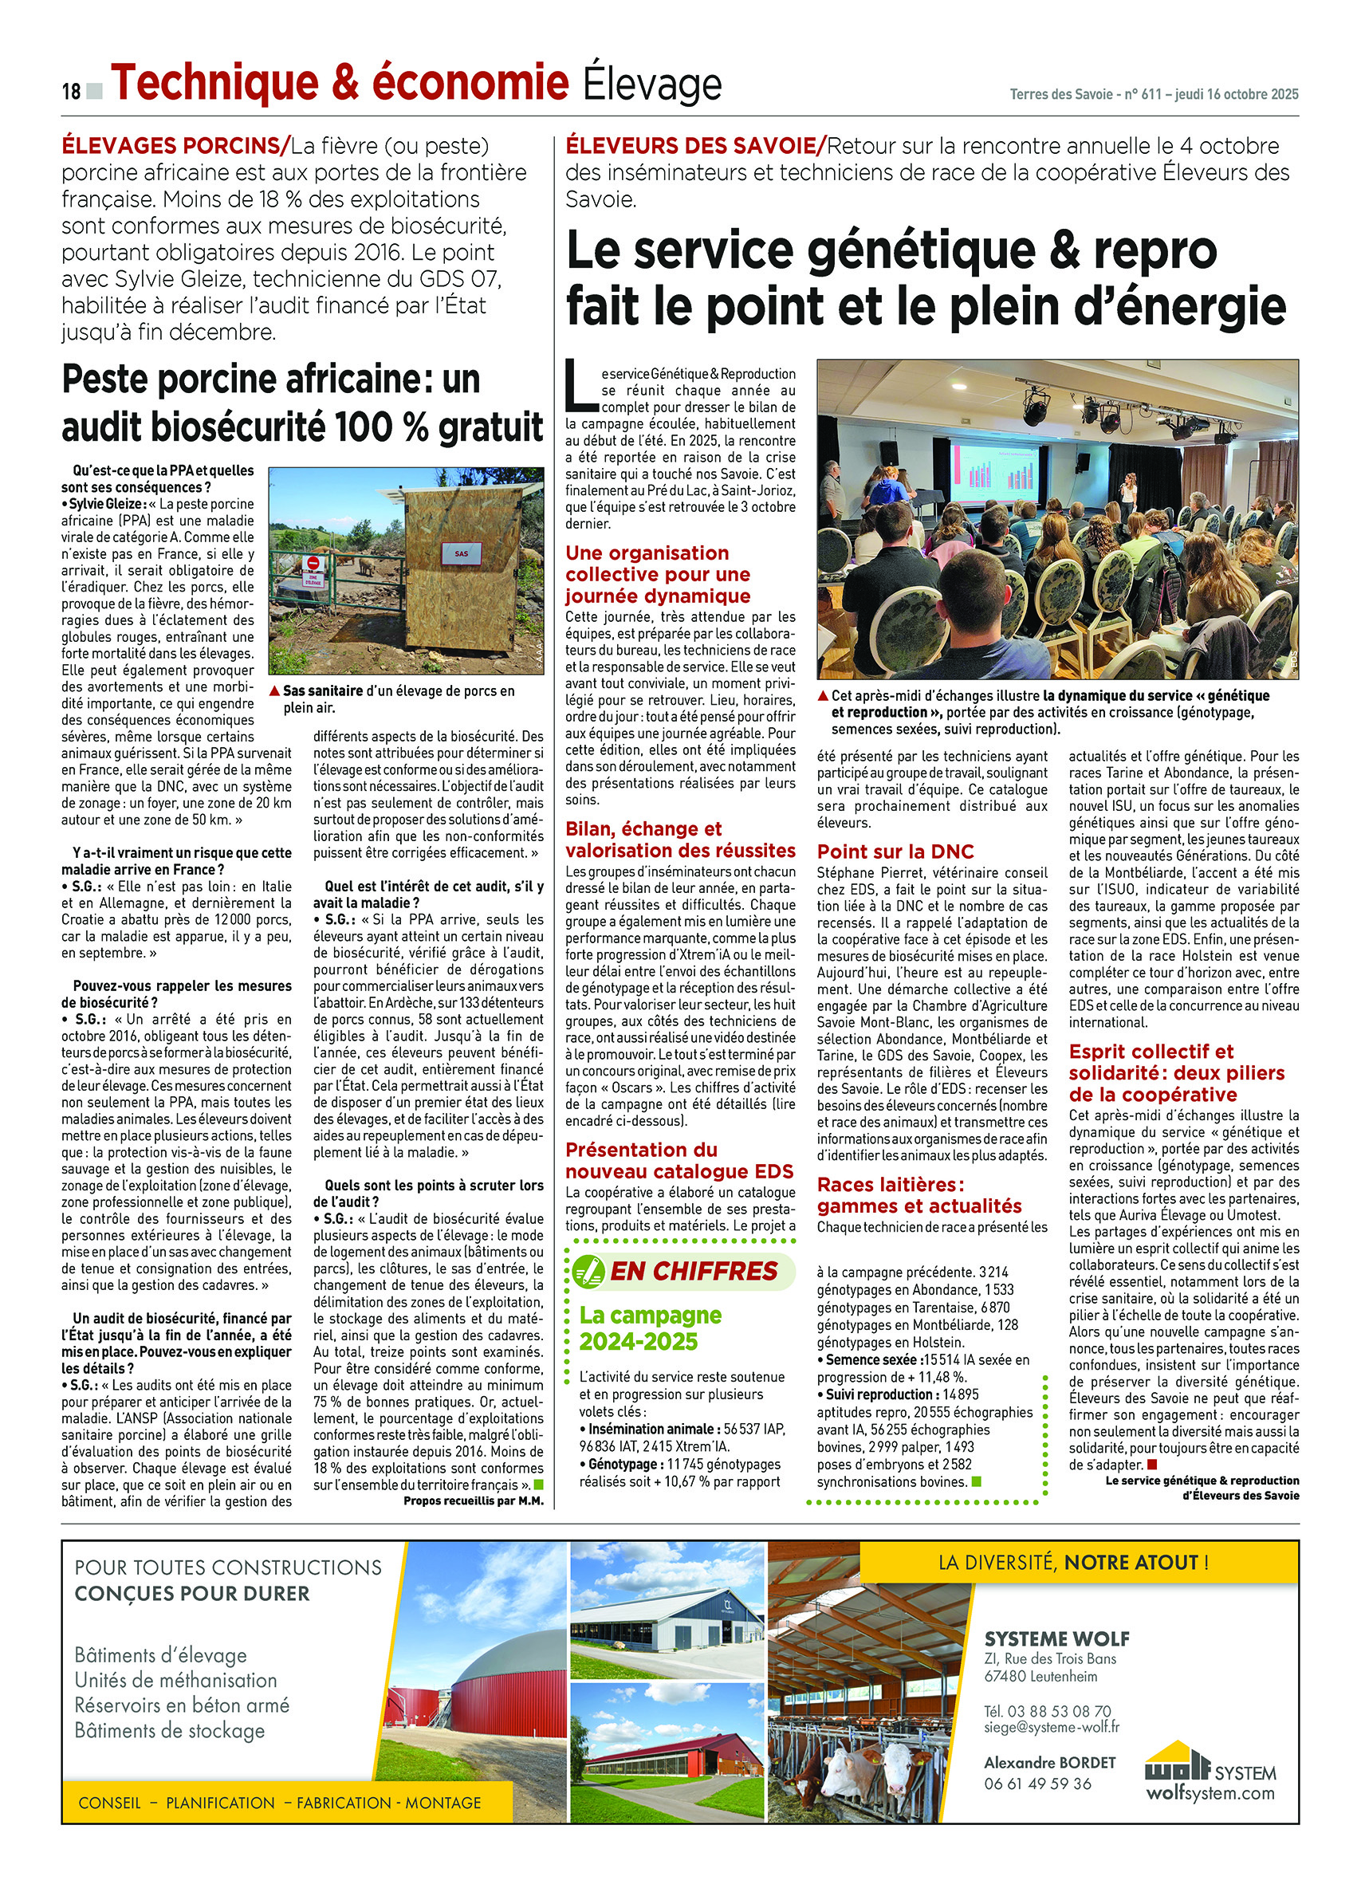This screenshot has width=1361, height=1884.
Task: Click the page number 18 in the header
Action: coord(71,91)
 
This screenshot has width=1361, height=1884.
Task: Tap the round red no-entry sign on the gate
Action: coord(313,563)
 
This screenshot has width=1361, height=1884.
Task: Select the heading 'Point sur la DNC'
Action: coord(895,852)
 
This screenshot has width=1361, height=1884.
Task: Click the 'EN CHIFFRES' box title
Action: coord(694,1271)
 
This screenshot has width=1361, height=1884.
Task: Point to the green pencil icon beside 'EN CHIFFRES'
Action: coord(588,1272)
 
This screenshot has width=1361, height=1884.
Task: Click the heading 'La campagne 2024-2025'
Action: coord(650,1328)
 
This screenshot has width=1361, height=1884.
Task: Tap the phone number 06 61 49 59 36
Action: coord(1037,1784)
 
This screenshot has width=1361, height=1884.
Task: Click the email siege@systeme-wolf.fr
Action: coord(1051,1728)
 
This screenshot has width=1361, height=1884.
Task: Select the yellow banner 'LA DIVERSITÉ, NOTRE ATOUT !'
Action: coord(1073,1563)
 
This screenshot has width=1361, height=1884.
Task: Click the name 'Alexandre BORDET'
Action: coord(1049,1763)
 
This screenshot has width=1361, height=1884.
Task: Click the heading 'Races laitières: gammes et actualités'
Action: coord(919,1195)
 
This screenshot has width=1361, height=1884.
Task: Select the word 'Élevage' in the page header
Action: coord(651,85)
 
